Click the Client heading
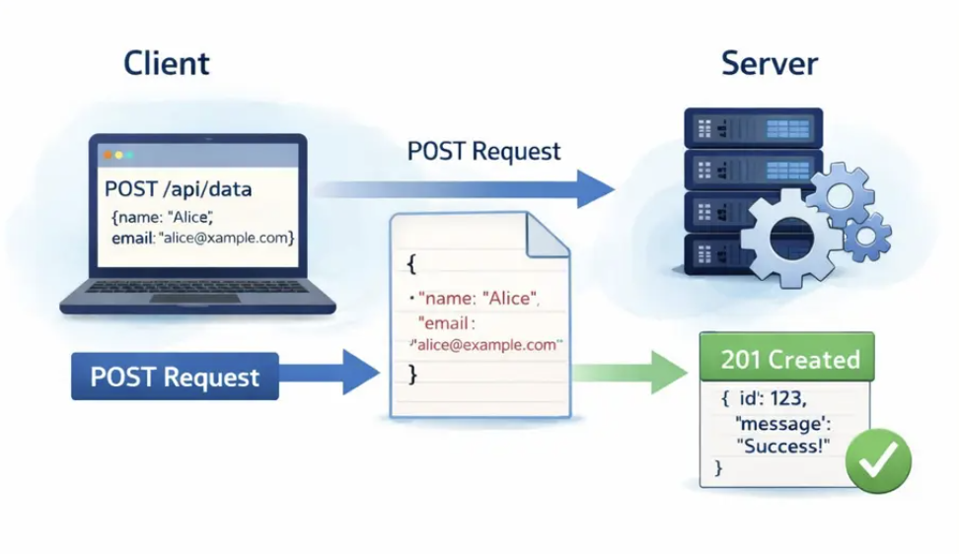[167, 64]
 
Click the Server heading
[770, 64]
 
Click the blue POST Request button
[175, 377]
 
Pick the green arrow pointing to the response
[631, 374]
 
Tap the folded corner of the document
[549, 234]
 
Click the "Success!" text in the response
[783, 446]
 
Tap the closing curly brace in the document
[412, 376]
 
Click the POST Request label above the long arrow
[483, 151]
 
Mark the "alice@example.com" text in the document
[487, 345]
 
